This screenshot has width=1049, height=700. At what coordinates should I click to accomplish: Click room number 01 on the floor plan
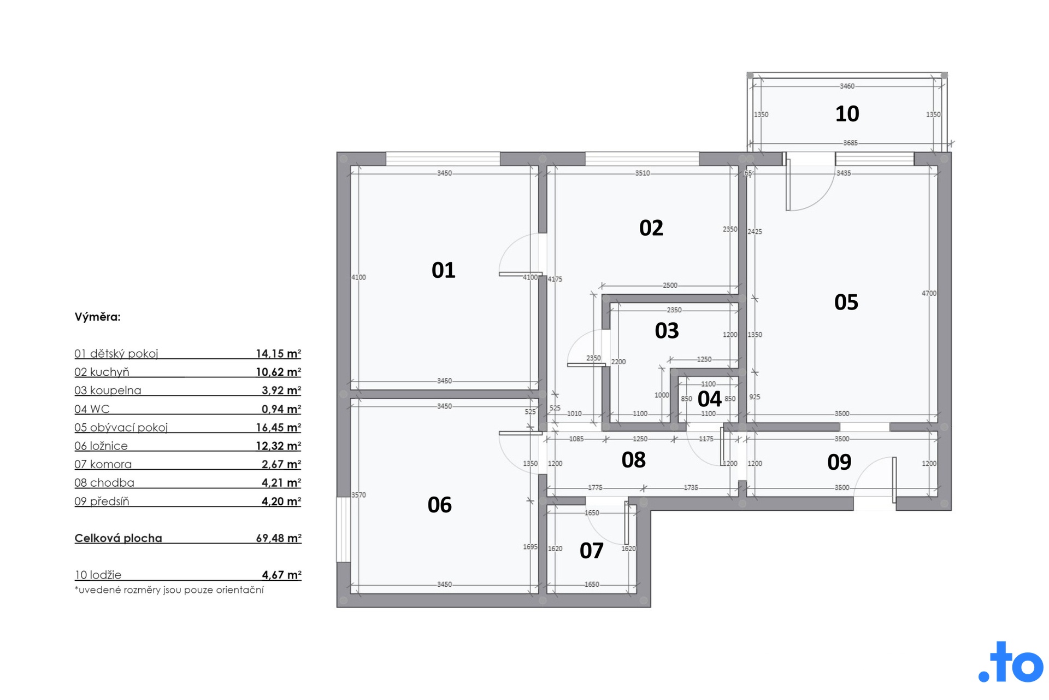(443, 270)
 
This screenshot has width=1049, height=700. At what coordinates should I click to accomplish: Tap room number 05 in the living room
(846, 302)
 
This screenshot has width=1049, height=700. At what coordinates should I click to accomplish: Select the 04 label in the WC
(709, 399)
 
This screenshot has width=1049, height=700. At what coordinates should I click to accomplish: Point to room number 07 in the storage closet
(591, 551)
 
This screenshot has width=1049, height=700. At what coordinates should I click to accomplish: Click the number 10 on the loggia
(847, 114)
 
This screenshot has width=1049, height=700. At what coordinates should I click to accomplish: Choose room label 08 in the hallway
(633, 460)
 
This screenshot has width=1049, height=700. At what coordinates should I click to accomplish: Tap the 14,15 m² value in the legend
(279, 354)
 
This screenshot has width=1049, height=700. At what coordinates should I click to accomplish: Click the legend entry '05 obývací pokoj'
(121, 428)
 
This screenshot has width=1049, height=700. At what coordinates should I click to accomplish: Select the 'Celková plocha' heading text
(119, 538)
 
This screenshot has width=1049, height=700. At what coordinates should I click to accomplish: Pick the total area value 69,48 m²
(279, 538)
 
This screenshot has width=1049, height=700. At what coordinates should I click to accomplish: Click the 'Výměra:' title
(97, 317)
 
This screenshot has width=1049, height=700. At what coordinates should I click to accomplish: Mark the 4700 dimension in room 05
(929, 294)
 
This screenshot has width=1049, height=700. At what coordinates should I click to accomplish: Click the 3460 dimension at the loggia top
(847, 86)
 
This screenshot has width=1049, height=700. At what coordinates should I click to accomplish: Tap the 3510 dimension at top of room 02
(643, 173)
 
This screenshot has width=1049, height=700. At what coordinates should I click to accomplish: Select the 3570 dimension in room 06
(358, 495)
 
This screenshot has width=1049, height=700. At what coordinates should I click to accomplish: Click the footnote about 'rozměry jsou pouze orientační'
(169, 590)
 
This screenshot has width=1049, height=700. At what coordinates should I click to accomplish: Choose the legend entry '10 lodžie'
(98, 575)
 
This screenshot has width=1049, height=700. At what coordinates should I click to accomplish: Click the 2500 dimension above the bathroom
(670, 285)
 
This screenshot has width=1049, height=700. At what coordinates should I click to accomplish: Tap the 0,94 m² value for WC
(281, 409)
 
